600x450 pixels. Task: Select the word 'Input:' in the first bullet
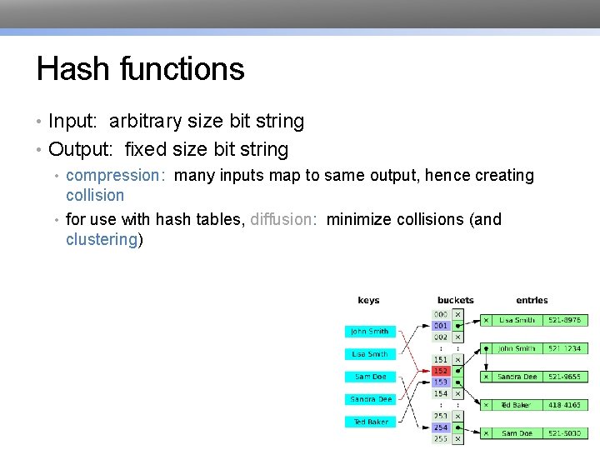point(75,122)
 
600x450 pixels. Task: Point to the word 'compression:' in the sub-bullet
point(116,176)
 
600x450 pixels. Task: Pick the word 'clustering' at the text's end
point(102,240)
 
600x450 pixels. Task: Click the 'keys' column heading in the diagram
point(368,300)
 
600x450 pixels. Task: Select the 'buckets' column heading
point(455,300)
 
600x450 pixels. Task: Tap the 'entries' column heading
point(532,300)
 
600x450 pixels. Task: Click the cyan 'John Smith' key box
point(369,332)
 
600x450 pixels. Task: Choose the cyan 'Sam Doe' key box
point(369,377)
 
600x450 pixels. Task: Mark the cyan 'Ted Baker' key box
point(369,422)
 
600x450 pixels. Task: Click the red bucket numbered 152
point(441,371)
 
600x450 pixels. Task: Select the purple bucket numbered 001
point(441,326)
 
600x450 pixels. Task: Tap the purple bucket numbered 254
point(441,427)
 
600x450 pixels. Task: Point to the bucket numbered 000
point(441,315)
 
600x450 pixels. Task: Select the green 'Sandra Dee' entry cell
point(517,377)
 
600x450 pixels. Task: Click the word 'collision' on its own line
point(95,196)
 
